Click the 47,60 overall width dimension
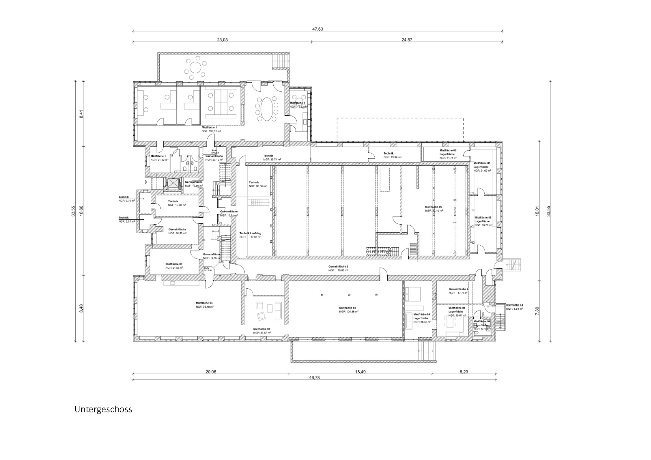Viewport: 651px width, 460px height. point(317,29)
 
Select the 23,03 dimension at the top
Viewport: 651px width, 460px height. point(222,39)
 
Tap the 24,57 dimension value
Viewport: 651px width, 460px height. point(406,39)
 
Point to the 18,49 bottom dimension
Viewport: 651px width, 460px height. point(360,371)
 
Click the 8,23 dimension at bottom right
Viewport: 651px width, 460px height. point(463,371)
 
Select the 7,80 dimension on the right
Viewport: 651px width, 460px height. point(537,311)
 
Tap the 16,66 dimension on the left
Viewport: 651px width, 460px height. point(81,210)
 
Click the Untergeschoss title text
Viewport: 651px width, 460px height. point(103,409)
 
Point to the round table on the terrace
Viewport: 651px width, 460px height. point(196,68)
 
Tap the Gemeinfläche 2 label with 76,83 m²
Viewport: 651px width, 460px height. point(338,268)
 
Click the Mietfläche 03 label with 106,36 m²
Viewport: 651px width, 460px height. point(348,310)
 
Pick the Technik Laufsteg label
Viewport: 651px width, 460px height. point(250,235)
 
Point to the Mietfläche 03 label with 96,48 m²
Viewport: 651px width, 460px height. point(204,305)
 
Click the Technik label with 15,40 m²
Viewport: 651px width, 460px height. point(176,203)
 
